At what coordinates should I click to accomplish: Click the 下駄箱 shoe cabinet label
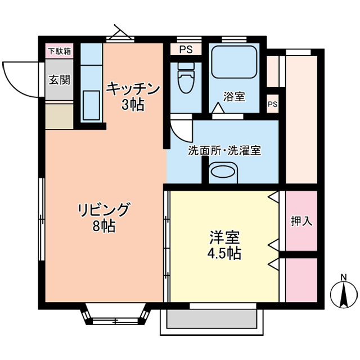59,51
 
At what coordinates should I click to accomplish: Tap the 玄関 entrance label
59,79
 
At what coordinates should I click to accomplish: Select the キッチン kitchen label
133,89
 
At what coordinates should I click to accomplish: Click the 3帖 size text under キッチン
133,104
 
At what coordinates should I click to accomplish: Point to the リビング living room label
103,209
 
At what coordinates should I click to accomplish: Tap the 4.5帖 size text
223,253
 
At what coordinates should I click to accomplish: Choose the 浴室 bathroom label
234,96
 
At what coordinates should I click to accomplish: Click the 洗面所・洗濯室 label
224,151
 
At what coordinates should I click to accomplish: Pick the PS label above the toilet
186,49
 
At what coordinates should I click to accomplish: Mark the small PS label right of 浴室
273,104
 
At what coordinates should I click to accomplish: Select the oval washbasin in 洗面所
224,172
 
